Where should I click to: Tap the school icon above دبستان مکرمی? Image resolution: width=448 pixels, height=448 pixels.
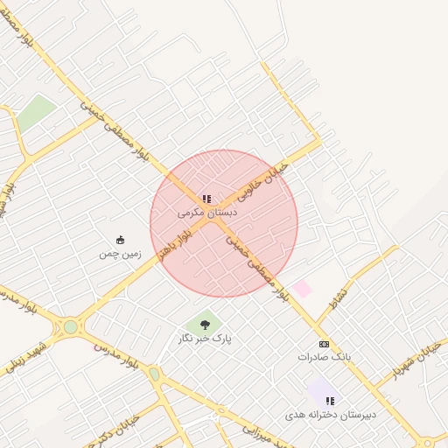pos(206,199)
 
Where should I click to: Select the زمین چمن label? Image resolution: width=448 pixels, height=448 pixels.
pos(120,254)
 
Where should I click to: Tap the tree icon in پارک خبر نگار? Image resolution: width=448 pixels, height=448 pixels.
pos(205,325)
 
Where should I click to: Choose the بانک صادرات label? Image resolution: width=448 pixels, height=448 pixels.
pos(324,357)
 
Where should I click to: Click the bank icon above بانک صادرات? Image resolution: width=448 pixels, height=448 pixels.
pos(324,344)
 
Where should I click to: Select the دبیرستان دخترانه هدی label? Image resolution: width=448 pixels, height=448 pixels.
pos(331,414)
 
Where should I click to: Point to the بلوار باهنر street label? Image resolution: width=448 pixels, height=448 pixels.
pos(174,248)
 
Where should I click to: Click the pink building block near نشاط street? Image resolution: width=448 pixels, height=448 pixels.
pos(301,288)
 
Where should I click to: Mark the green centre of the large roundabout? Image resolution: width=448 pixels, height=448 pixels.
pos(70,327)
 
